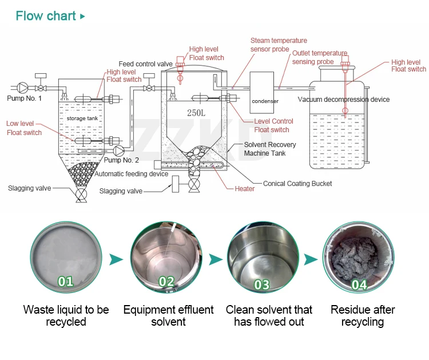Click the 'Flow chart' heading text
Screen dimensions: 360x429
(x=46, y=15)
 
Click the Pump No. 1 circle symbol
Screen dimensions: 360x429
(x=22, y=88)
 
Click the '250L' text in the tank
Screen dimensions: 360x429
(x=196, y=113)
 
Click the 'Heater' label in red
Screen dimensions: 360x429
(x=245, y=189)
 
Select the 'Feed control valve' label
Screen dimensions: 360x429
(x=145, y=64)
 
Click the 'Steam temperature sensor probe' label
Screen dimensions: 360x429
(x=279, y=45)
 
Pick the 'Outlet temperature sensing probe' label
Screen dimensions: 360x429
(x=319, y=57)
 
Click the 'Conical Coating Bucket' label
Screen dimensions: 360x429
(x=297, y=184)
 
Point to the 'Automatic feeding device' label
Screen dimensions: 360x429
(x=132, y=174)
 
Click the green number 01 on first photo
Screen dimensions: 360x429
(x=66, y=280)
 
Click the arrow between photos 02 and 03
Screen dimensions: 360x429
(x=215, y=259)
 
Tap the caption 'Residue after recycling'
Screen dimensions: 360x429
(x=363, y=316)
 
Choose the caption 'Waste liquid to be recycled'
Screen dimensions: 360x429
(x=66, y=316)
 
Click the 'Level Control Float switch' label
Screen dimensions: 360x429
(x=273, y=125)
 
